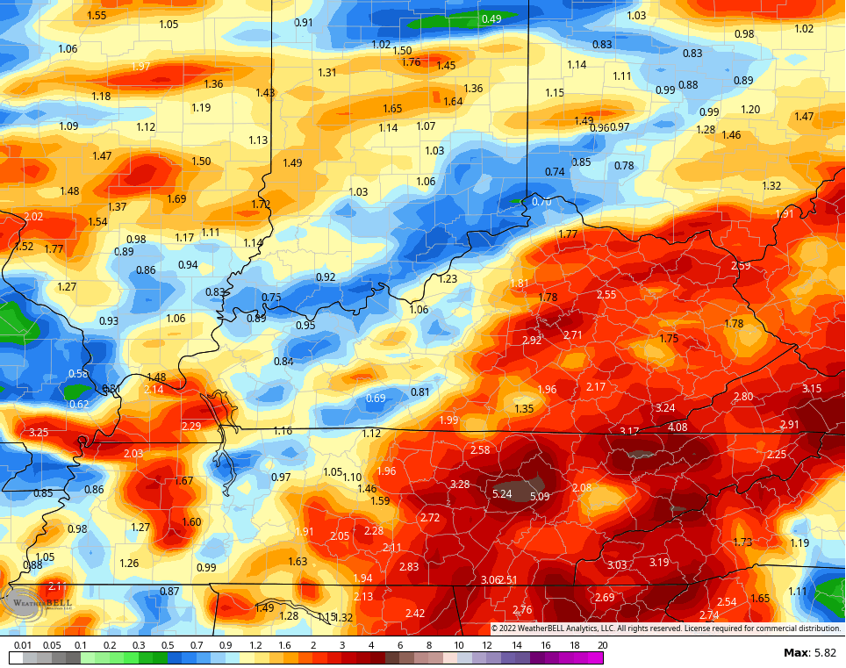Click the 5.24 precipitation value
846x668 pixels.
coord(502,494)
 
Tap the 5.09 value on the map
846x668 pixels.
coord(541,497)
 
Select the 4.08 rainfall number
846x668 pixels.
coord(678,427)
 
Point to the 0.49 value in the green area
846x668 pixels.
coord(491,19)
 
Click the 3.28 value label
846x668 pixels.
coord(459,485)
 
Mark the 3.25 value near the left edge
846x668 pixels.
coord(39,433)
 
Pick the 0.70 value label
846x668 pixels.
coord(541,202)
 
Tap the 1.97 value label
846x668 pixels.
coord(140,67)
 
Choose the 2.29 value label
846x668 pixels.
coord(191,427)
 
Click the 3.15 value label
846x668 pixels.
coord(812,389)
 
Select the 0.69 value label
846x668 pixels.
coord(376,399)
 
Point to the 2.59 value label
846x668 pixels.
coord(741,266)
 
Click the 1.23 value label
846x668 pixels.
coord(448,279)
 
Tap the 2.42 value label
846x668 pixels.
coord(415,614)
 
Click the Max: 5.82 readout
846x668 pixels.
coord(810,653)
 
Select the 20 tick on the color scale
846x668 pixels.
coord(602,645)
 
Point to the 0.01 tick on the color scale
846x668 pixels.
coord(23,645)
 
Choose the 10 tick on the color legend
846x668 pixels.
coord(458,645)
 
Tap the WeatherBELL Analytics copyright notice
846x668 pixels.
coord(665,628)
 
